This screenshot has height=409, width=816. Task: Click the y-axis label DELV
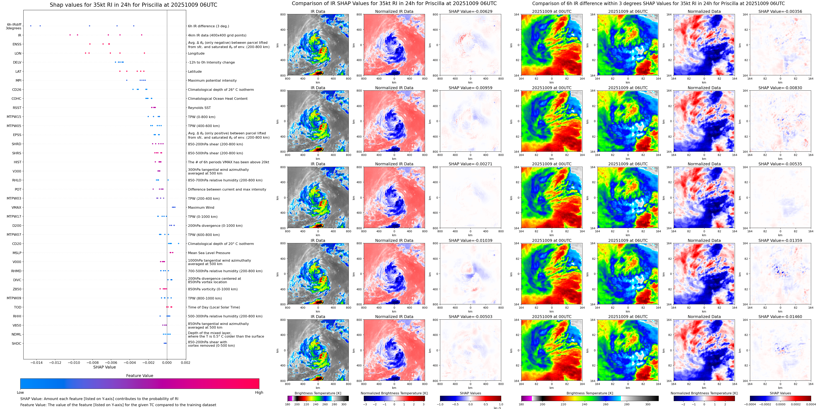tap(17, 63)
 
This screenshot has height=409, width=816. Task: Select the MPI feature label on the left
tap(18, 81)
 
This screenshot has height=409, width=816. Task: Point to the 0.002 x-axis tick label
tap(185, 363)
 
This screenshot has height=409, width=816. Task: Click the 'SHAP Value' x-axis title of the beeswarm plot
tap(104, 367)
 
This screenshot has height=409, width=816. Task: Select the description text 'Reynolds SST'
tap(199, 108)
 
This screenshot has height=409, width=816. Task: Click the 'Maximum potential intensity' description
tap(212, 81)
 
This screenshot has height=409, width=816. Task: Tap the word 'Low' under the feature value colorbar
tap(20, 393)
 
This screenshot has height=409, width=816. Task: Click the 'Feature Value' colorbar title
tap(139, 376)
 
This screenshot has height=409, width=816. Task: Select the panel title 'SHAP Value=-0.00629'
tap(470, 11)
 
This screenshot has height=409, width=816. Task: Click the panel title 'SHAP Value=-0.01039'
tap(470, 240)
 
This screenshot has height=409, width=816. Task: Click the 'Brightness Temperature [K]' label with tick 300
tap(318, 393)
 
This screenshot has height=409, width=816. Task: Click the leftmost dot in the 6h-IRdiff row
tap(30, 26)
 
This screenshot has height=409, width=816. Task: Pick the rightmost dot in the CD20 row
tap(179, 244)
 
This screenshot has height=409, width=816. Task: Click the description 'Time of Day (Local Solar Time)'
tap(214, 307)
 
